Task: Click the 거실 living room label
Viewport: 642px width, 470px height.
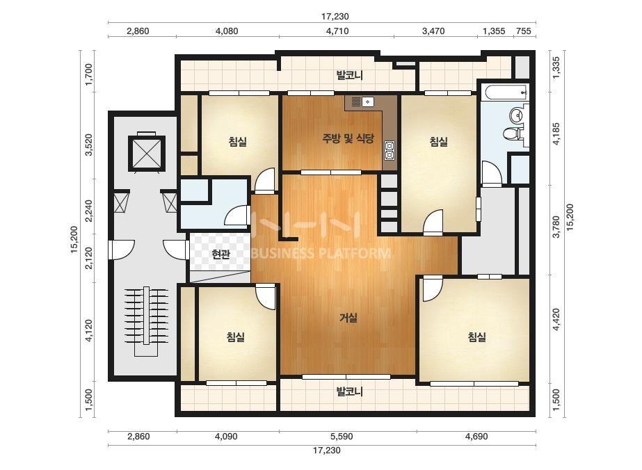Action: click(349, 317)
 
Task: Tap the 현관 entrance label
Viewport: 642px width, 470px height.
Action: click(220, 254)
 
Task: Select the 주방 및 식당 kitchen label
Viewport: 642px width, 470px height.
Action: click(348, 138)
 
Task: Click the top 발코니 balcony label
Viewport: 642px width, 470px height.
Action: click(350, 75)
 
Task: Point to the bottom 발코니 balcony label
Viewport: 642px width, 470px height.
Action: click(350, 392)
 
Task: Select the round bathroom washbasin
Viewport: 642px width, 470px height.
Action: click(517, 115)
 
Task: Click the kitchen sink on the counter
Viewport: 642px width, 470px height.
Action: click(362, 101)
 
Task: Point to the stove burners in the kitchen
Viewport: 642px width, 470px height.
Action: click(390, 150)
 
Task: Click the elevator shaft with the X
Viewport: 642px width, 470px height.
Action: click(146, 153)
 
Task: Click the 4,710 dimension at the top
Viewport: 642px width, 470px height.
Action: click(337, 31)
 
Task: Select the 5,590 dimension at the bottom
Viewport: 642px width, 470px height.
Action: click(342, 437)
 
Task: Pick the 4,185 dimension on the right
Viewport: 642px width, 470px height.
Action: click(556, 133)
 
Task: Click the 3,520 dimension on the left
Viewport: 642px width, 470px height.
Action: click(88, 145)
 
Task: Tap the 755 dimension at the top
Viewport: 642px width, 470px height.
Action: click(524, 31)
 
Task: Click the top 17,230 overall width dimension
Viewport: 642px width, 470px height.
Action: click(335, 17)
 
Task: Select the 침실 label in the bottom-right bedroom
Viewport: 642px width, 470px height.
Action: click(477, 337)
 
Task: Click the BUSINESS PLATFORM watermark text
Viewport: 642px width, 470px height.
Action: click(321, 253)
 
